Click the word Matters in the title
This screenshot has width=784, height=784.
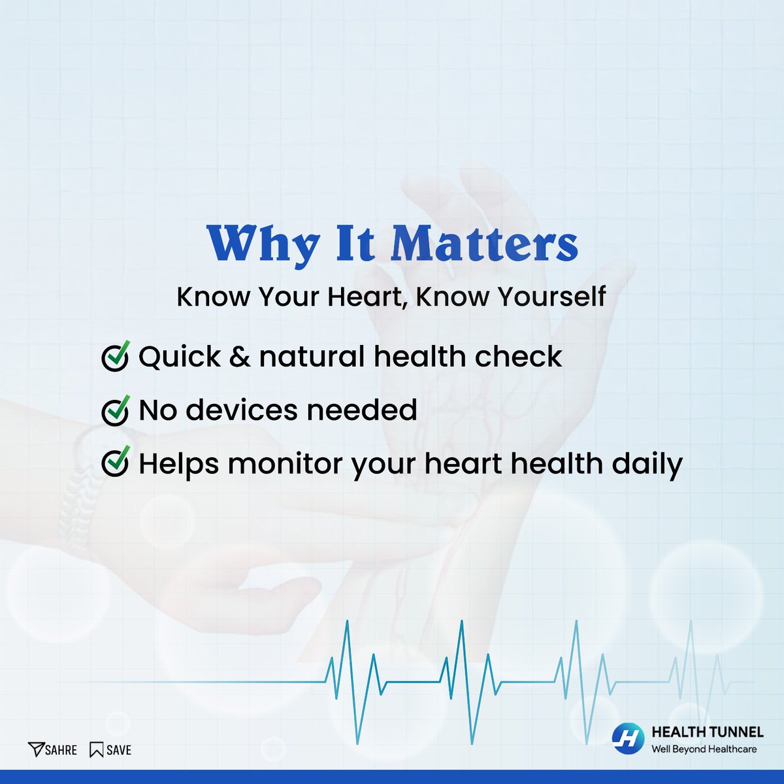pyautogui.click(x=485, y=244)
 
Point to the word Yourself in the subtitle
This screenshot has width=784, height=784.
pyautogui.click(x=551, y=297)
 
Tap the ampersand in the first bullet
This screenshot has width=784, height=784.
pyautogui.click(x=240, y=357)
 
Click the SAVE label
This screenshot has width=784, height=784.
pyautogui.click(x=119, y=749)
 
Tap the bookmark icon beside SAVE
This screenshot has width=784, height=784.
pyautogui.click(x=97, y=749)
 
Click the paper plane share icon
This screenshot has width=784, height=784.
pyautogui.click(x=35, y=749)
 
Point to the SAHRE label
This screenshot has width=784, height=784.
pyautogui.click(x=61, y=749)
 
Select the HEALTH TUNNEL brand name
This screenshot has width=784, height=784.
pyautogui.click(x=708, y=732)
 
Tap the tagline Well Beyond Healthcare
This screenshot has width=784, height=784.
pyautogui.click(x=704, y=749)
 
